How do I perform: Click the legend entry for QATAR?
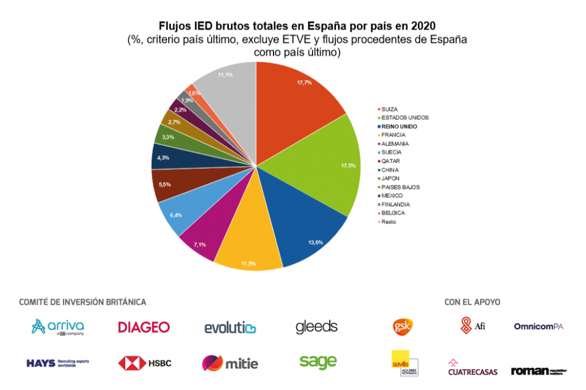[391, 161]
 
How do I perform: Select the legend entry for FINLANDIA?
[395, 204]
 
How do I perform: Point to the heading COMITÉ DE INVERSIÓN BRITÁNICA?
[82, 302]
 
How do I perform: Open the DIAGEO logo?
[144, 327]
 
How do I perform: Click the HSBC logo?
[145, 363]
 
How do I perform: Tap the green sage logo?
[318, 361]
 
